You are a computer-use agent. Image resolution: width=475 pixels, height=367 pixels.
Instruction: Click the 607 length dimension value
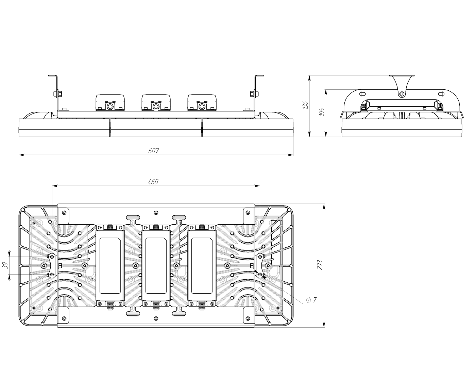click(153, 151)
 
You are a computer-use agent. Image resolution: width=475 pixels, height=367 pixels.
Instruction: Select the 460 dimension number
click(153, 182)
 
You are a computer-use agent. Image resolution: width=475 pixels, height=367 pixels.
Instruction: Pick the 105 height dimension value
click(322, 111)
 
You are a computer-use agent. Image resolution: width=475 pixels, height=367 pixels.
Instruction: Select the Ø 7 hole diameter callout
click(311, 300)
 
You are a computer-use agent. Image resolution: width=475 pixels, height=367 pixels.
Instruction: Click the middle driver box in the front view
click(156, 103)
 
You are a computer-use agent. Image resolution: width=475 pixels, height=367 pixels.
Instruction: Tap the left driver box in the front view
click(110, 103)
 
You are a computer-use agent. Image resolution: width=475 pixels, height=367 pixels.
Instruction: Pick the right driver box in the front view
click(202, 103)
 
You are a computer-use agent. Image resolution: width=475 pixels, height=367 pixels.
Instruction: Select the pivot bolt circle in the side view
click(402, 94)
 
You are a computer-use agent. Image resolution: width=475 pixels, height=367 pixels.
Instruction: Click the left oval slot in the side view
click(363, 94)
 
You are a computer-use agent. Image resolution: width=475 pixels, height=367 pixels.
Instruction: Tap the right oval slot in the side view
click(441, 94)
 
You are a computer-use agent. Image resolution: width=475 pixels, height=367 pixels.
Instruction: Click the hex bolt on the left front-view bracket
click(56, 94)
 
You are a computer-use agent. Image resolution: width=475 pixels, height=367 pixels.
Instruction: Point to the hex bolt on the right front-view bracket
click(253, 94)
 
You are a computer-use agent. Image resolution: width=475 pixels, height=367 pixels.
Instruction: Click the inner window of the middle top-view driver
click(156, 265)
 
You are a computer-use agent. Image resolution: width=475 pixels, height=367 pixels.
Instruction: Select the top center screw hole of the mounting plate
click(156, 213)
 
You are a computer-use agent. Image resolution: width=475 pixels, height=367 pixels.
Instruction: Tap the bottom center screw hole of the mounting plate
click(156, 318)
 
